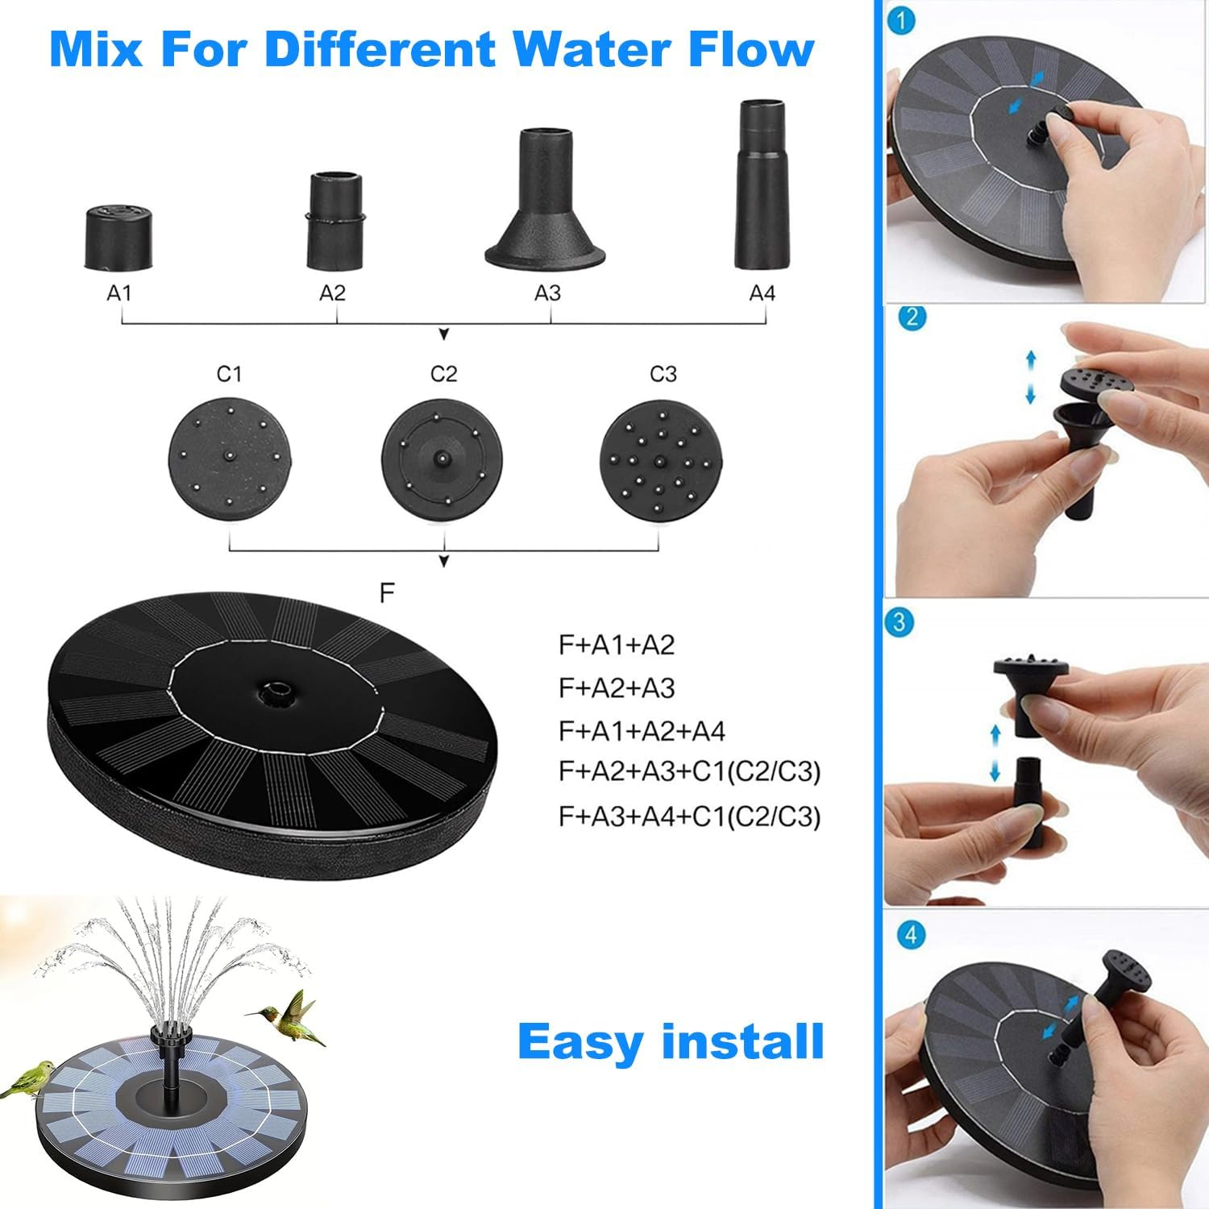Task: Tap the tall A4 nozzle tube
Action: pos(762,185)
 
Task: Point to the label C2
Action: pos(443,374)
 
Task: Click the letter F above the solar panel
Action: pos(387,593)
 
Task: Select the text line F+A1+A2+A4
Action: pos(642,731)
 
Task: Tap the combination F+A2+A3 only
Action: pos(617,688)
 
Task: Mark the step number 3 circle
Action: pos(899,622)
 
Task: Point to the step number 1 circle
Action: pos(901,20)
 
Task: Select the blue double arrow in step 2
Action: pos(1030,376)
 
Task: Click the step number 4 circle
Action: pos(912,935)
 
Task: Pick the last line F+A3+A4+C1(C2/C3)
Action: pos(689,816)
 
